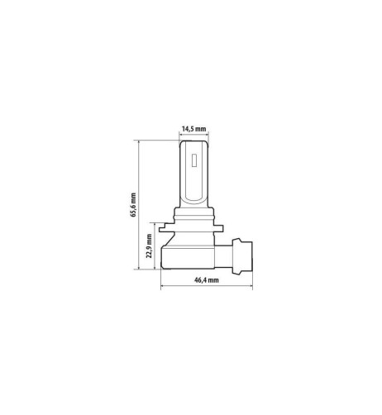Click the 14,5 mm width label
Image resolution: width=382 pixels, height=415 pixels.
[x=193, y=129]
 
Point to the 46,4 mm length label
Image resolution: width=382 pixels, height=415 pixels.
[x=205, y=280]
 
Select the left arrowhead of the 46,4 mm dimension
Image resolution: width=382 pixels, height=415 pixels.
[x=161, y=288]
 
